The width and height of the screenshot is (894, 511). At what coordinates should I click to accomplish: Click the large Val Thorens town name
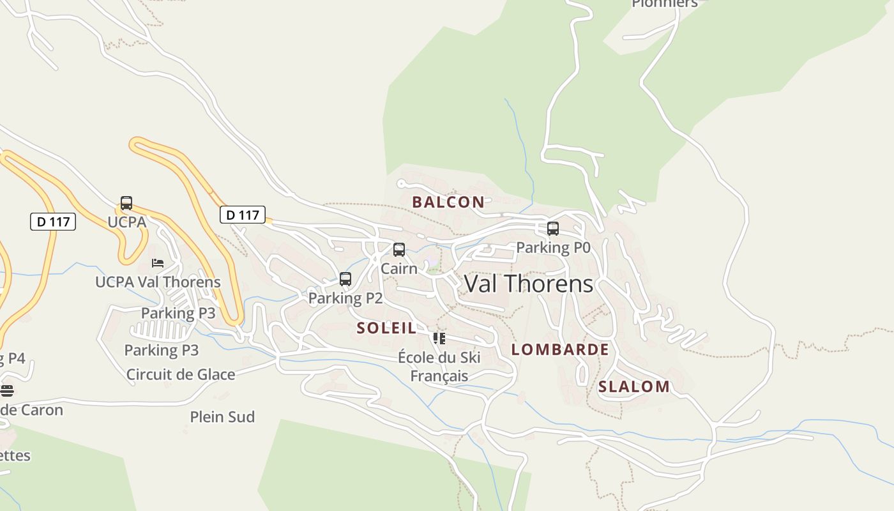tap(528, 284)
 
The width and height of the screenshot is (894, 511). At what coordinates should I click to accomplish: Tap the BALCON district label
tap(448, 202)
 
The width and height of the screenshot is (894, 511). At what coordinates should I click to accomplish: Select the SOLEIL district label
tap(386, 328)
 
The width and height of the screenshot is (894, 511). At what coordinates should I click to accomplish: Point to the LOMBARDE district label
tap(560, 349)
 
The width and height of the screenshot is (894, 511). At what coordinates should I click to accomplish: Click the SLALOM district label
tap(633, 386)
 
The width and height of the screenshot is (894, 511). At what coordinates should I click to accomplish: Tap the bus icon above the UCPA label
tap(126, 203)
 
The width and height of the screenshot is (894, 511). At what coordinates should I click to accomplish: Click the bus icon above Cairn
tap(399, 250)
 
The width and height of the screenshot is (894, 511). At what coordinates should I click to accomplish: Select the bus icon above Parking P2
tap(345, 279)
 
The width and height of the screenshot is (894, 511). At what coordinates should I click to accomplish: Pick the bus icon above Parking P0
tap(553, 229)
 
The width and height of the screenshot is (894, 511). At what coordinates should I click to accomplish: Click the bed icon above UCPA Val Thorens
tap(158, 263)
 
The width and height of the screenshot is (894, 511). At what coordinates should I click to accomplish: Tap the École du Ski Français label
tap(439, 367)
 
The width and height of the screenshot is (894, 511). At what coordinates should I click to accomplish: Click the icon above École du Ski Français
tap(439, 338)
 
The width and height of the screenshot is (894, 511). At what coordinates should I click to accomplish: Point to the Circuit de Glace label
tap(181, 374)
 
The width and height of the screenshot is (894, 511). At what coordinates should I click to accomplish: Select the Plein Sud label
tap(222, 417)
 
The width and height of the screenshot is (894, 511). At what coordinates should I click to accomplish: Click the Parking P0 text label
tap(553, 247)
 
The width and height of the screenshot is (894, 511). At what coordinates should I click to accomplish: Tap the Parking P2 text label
tap(345, 298)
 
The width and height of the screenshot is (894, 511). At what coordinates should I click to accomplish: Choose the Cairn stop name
tap(399, 268)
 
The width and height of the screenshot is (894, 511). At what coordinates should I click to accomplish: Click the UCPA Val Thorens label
tap(158, 282)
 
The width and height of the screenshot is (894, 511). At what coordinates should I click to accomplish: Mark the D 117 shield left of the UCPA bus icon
tap(53, 222)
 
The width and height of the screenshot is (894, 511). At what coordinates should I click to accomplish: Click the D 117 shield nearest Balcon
tap(243, 215)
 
